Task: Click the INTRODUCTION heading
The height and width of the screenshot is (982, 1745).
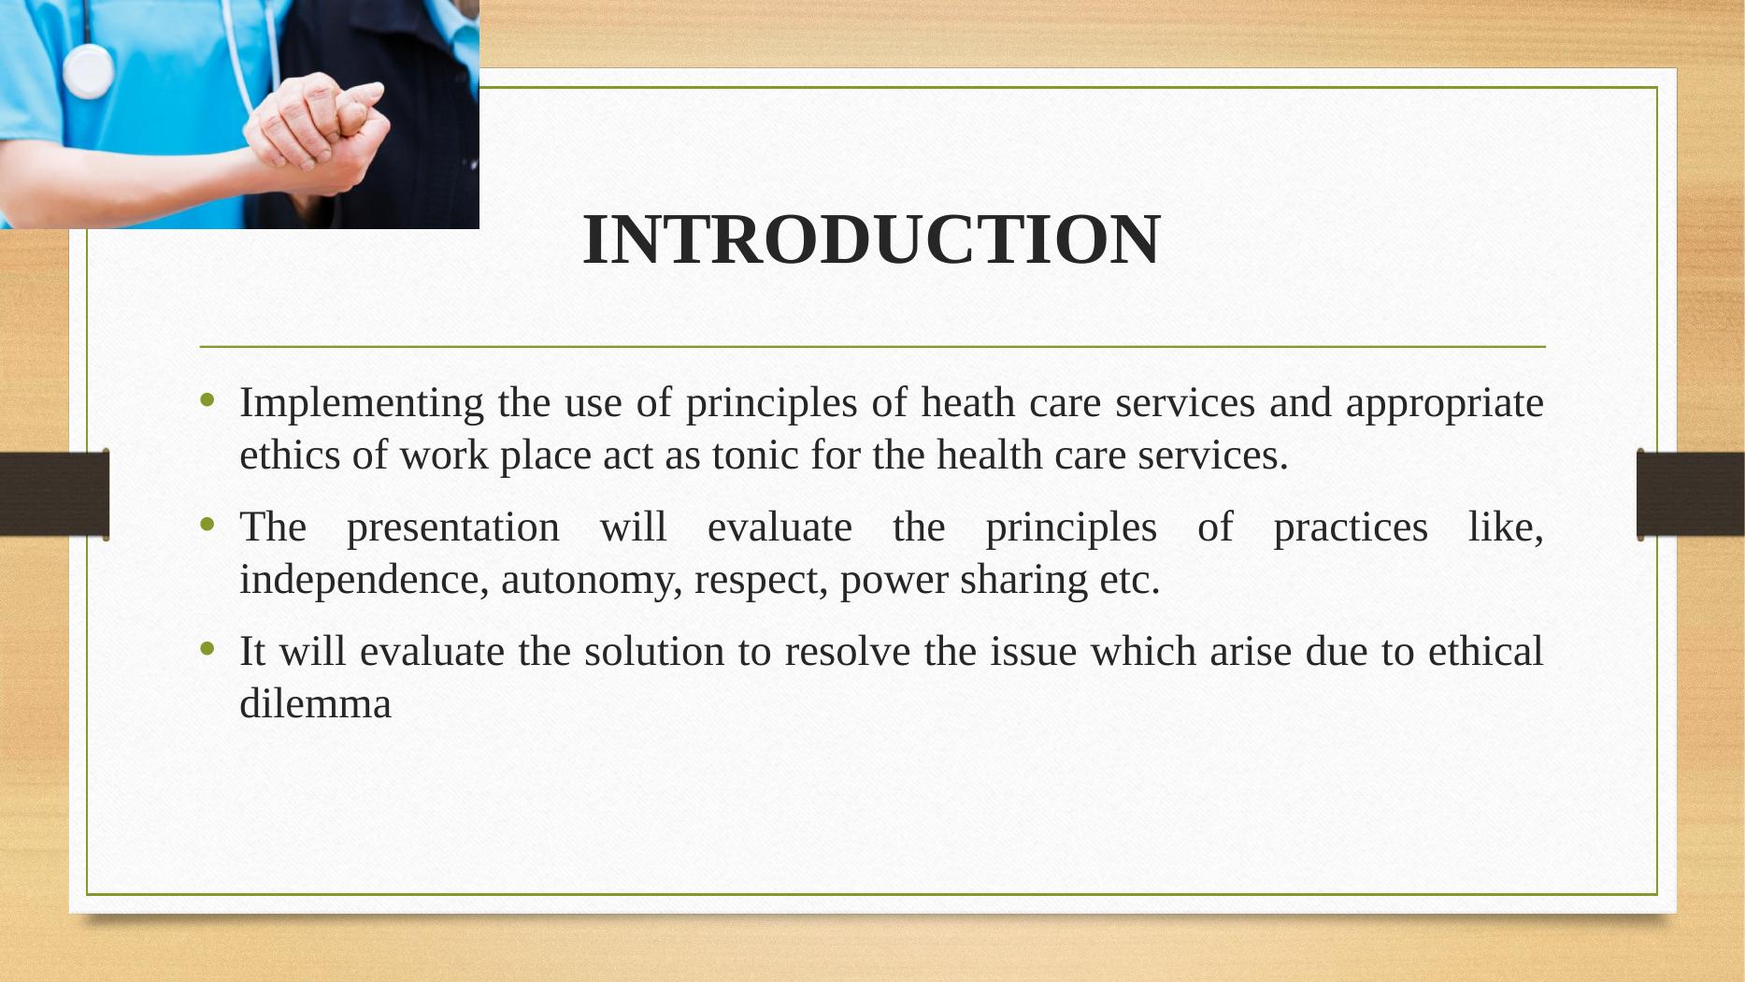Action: [871, 239]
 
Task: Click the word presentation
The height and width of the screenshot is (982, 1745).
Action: [453, 528]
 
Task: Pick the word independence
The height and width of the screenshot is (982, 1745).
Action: [365, 581]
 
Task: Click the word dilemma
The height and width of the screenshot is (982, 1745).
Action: [315, 703]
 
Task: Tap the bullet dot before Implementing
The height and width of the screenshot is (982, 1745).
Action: [207, 401]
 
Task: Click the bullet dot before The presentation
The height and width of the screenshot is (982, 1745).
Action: [207, 526]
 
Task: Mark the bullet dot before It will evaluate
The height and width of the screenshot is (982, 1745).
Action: [207, 648]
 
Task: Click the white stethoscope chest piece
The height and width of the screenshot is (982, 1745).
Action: [89, 71]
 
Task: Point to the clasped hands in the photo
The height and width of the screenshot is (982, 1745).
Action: [318, 136]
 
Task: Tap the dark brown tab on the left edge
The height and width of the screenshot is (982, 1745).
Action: [54, 494]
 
